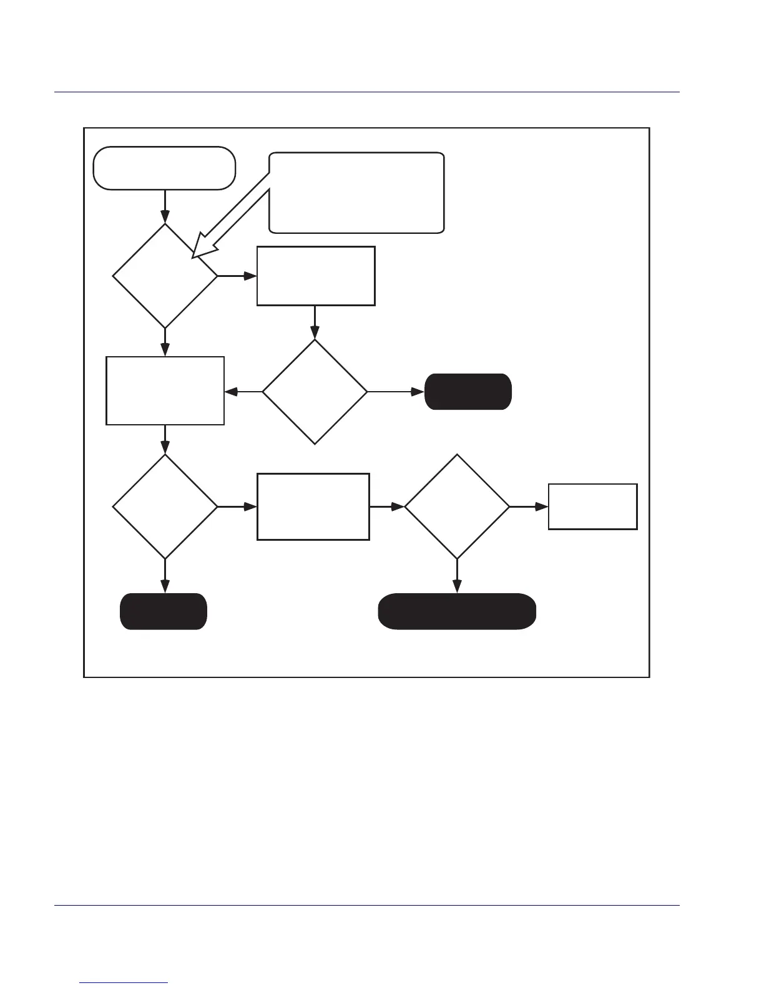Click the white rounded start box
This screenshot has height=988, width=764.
point(164,168)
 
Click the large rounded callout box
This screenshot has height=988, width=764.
point(356,192)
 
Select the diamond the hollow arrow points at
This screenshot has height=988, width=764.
point(165,276)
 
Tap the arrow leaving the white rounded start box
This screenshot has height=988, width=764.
point(165,206)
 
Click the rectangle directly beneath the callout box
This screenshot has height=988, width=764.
point(316,276)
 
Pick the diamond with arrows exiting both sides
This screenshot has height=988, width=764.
point(315,392)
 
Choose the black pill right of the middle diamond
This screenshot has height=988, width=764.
point(468,392)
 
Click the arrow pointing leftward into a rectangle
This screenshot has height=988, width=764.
point(243,392)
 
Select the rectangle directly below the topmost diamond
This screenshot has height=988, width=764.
point(165,390)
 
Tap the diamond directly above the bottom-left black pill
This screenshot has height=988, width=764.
point(165,506)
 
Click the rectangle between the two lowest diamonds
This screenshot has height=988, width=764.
point(313,506)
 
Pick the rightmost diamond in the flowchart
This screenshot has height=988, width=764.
point(457,506)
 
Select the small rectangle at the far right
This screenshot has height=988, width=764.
point(592,506)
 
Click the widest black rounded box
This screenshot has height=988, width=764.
point(457,611)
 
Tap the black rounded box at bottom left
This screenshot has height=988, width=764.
point(164,611)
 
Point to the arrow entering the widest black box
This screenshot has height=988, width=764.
point(457,576)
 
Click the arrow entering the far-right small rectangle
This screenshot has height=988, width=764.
point(529,506)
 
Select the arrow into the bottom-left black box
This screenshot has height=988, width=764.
point(165,576)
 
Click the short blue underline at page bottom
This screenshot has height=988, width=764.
point(124,983)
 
